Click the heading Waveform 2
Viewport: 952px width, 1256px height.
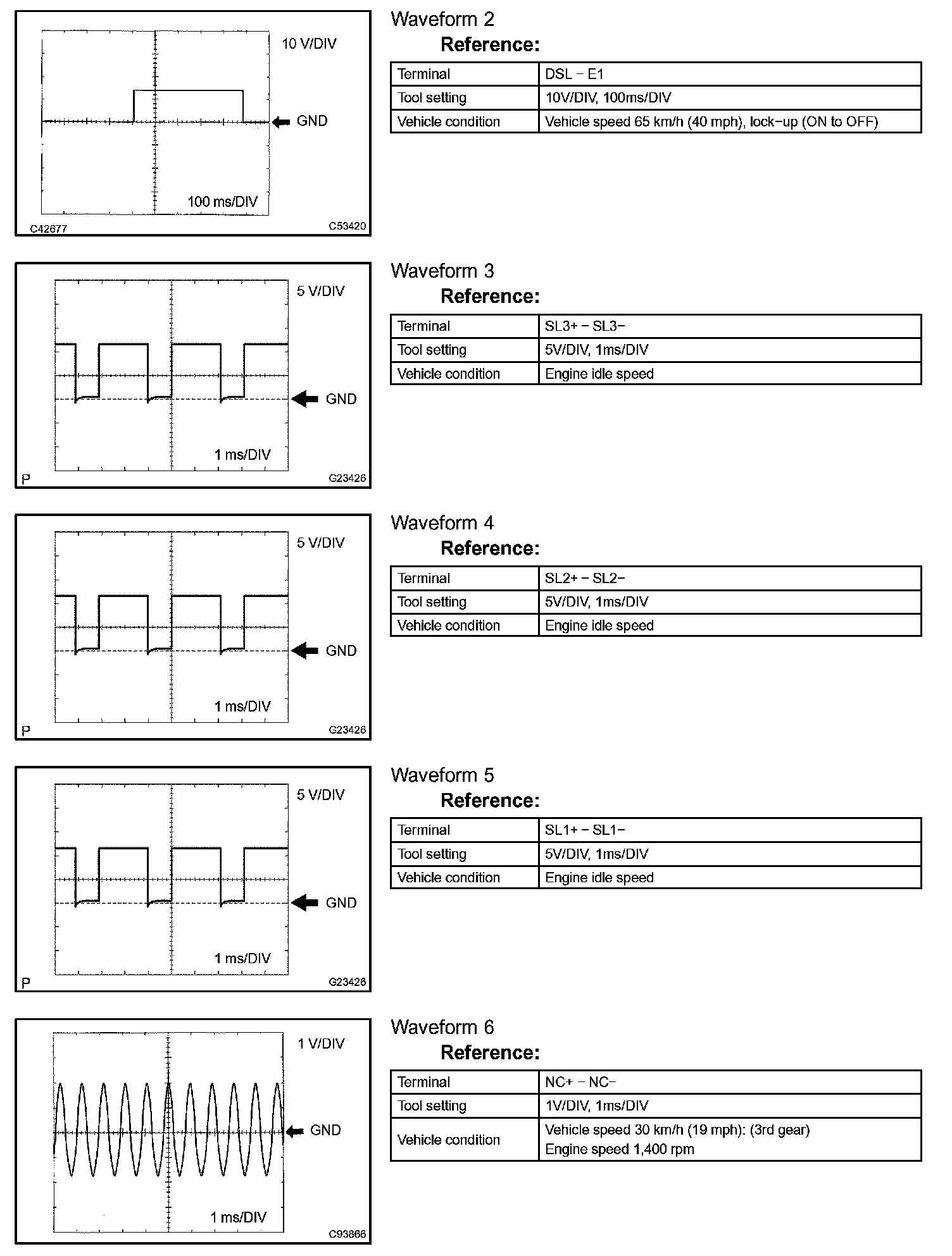click(x=442, y=20)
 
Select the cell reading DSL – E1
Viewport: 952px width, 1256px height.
click(x=574, y=74)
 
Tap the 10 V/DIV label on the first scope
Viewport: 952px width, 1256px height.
click(x=309, y=44)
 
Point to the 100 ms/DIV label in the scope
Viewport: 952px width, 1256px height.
click(x=222, y=202)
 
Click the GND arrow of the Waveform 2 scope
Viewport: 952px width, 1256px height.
click(x=280, y=121)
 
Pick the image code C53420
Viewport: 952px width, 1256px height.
click(x=347, y=226)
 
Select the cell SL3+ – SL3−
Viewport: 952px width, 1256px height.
click(x=584, y=326)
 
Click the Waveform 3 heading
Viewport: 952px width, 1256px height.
click(x=442, y=271)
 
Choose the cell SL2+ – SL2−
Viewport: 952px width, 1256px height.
click(x=584, y=578)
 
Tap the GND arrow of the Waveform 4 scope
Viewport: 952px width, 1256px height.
click(x=305, y=651)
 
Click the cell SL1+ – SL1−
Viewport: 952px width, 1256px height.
click(x=584, y=830)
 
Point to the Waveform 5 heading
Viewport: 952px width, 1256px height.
click(x=442, y=775)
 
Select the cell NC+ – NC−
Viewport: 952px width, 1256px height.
click(x=580, y=1082)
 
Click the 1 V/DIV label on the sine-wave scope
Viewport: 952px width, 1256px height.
click(x=321, y=1044)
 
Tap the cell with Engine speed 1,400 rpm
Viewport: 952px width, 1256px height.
click(x=619, y=1149)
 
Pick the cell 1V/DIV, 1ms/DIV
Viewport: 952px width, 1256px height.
click(x=596, y=1105)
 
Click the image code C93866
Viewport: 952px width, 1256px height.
click(x=347, y=1234)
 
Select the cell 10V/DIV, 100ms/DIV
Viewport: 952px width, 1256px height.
click(x=608, y=98)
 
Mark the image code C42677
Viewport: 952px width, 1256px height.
click(x=49, y=229)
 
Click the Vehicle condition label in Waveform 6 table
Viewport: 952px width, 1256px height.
click(x=448, y=1140)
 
